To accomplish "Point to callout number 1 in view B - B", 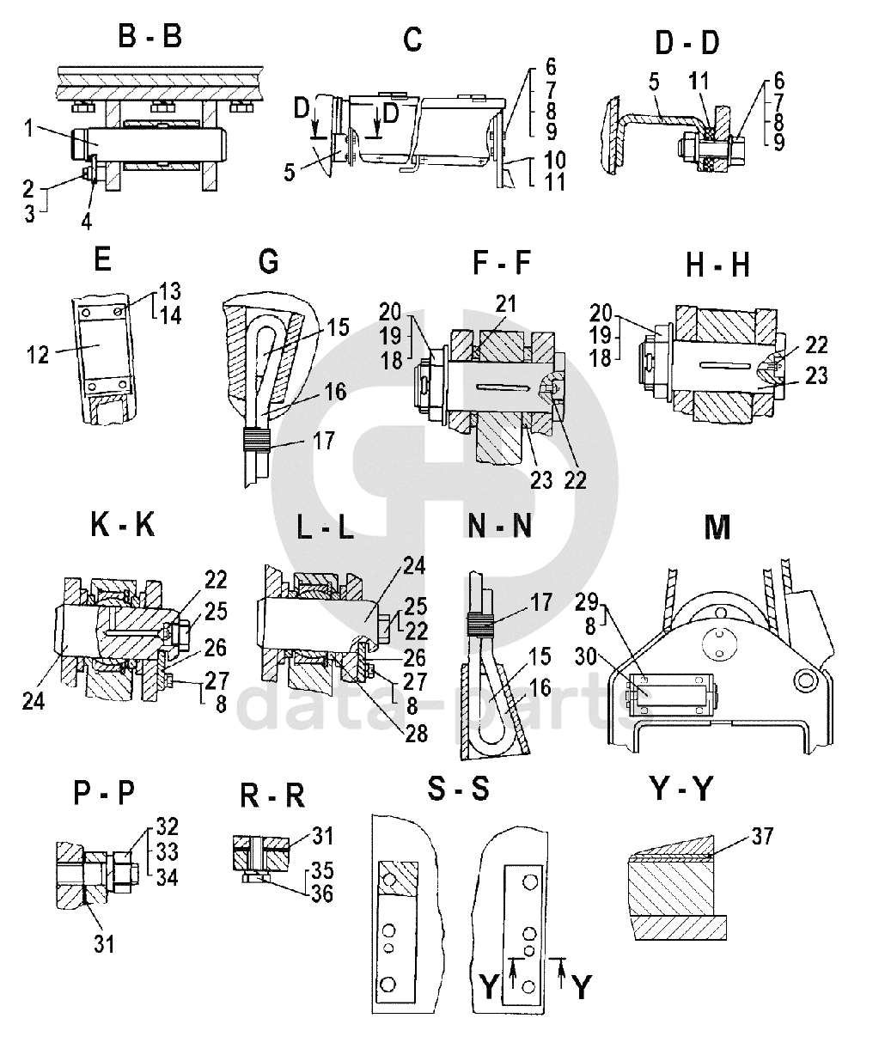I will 29,129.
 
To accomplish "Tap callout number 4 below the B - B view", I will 87,221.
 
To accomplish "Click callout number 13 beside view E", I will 170,289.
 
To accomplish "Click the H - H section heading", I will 717,265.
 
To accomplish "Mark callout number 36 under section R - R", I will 322,893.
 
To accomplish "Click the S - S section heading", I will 459,789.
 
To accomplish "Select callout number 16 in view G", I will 335,392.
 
